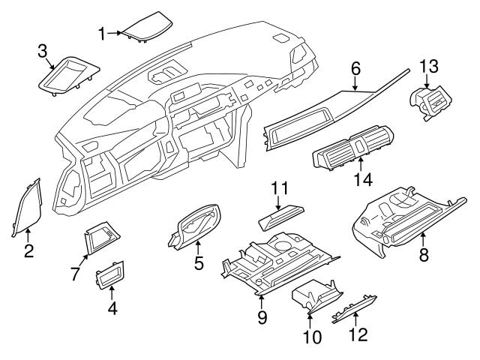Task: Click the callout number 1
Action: (102, 32)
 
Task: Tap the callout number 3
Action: (43, 51)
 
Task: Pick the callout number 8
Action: (423, 254)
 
